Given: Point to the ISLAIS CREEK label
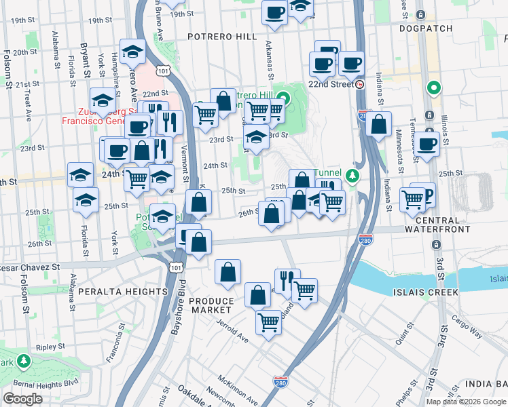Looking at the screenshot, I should pos(425,292).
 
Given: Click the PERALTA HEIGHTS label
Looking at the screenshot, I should pos(122,292).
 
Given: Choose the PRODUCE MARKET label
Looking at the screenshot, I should pos(211,305).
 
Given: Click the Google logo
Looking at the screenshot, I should pos(22,399).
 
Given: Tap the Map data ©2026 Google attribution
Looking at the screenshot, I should pos(466,402).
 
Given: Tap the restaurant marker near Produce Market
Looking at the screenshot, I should pos(287,280).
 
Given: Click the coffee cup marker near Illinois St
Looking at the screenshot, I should pos(427,144).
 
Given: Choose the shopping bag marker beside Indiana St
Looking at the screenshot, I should pos(379,124).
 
